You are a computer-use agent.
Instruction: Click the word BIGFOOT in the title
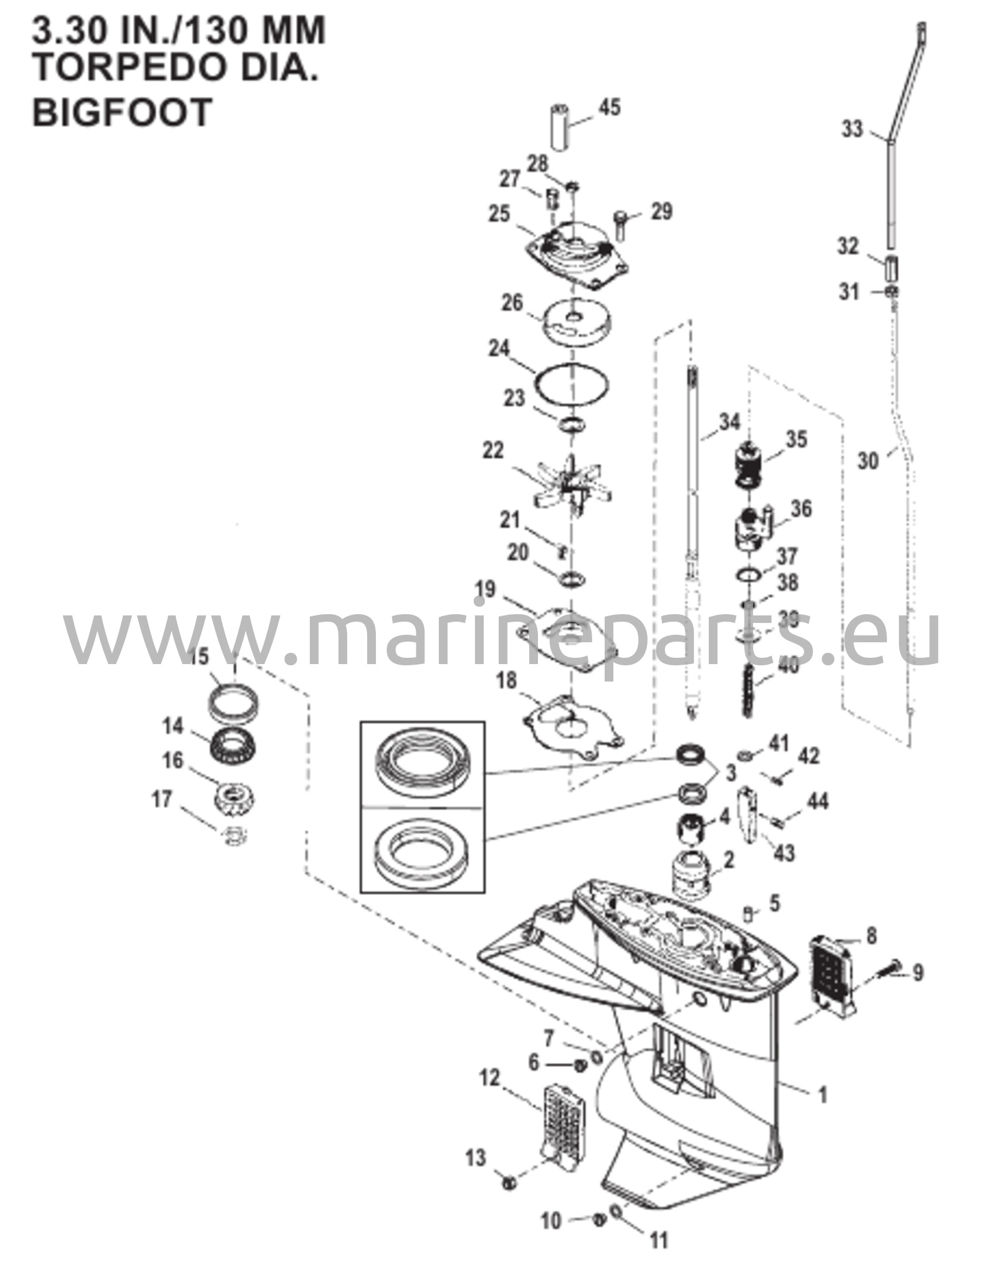click(122, 112)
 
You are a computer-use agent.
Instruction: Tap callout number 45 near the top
click(609, 107)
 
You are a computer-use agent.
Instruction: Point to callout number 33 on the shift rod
click(852, 129)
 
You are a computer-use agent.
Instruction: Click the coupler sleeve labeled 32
click(890, 267)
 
